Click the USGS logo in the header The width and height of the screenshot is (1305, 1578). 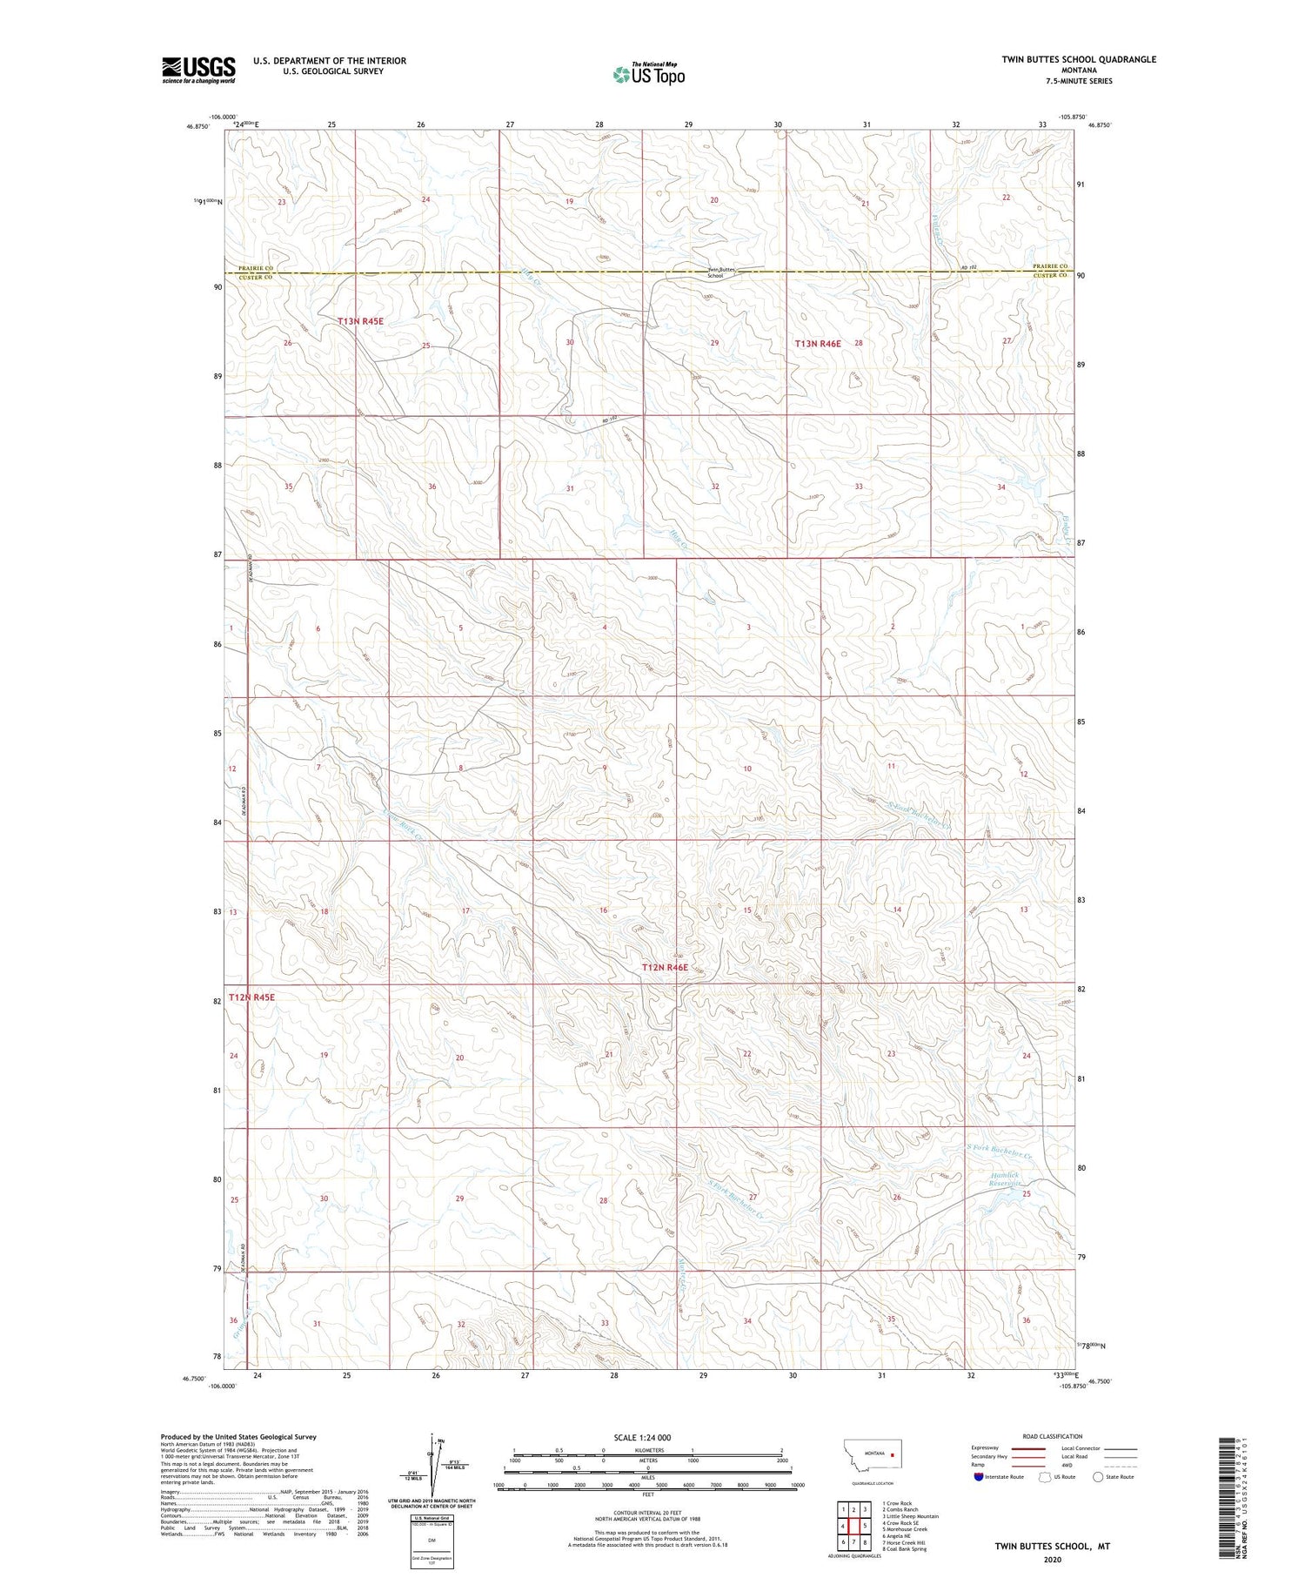pos(198,70)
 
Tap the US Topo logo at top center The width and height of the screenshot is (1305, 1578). pos(648,75)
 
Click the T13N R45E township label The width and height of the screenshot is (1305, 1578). pos(360,321)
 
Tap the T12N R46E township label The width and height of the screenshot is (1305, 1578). pos(665,967)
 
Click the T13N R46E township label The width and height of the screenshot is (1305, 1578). pos(818,344)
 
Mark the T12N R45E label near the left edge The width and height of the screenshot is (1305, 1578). pos(251,997)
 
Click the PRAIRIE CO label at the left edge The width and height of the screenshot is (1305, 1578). pos(256,268)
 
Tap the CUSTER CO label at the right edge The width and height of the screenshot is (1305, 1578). pos(1051,276)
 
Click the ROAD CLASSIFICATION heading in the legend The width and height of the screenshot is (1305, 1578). pos(1053,1436)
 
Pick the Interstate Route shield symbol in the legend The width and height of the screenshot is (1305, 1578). pos(980,1476)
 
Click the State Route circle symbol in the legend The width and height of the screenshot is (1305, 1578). pos(1098,1476)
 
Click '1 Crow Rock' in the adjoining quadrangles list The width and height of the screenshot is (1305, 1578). pos(897,1503)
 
